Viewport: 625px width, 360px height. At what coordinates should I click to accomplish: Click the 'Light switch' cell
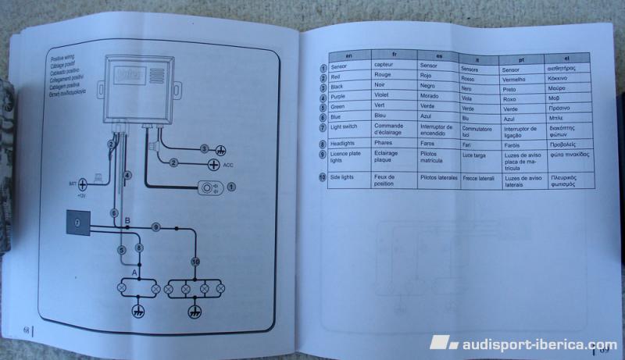[x=346, y=127]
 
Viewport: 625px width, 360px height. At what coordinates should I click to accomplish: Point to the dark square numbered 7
[x=77, y=223]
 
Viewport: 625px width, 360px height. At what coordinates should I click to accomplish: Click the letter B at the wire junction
[x=127, y=222]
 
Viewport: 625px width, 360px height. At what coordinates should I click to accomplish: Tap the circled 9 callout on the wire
[x=156, y=226]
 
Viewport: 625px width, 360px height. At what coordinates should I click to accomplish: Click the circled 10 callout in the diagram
[x=195, y=262]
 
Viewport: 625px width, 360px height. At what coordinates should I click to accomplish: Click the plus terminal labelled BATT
[x=82, y=184]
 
